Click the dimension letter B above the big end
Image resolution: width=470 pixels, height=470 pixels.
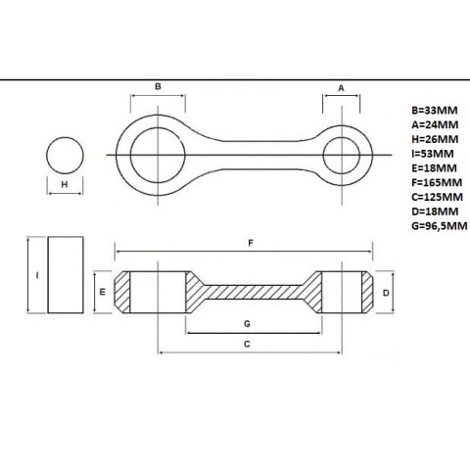coord(158,86)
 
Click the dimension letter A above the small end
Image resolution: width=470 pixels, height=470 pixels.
coord(341,88)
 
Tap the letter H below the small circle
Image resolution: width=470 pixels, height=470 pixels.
coord(65,184)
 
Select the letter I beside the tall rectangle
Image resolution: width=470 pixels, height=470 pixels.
coord(37,275)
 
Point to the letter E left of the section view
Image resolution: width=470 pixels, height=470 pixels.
coord(103,292)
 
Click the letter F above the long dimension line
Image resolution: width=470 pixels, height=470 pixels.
coord(251,243)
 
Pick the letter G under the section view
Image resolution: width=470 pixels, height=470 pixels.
coord(247,324)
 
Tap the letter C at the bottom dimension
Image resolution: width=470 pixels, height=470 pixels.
coord(247,344)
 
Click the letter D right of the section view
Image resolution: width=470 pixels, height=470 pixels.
coord(386,293)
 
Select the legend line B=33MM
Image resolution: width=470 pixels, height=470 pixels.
coord(435,111)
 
